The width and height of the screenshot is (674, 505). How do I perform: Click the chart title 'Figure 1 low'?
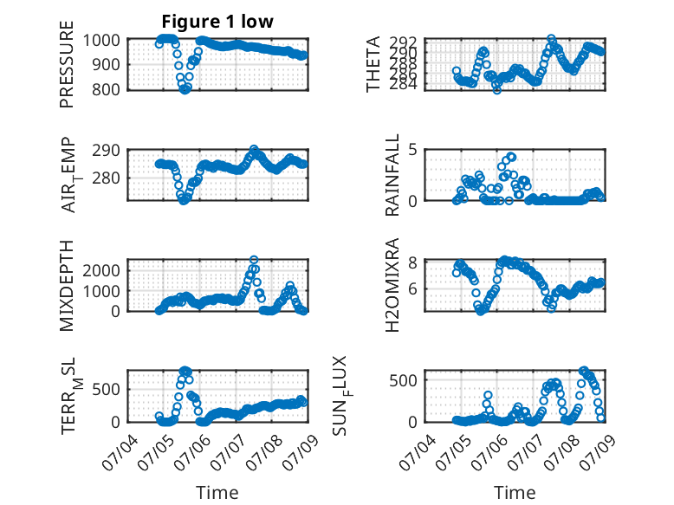[217, 22]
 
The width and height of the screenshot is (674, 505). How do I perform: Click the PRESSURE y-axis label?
[67, 64]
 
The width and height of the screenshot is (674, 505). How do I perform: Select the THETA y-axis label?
[373, 64]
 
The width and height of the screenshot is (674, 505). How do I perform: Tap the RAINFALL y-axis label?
[392, 175]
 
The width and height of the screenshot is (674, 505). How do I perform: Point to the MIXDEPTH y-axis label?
[67, 285]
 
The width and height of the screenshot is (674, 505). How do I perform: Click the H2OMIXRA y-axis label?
[392, 285]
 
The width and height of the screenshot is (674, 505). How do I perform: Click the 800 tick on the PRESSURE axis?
[107, 90]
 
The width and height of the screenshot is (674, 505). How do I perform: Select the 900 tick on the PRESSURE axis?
[107, 64]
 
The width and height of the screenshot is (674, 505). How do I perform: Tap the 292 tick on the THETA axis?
[404, 42]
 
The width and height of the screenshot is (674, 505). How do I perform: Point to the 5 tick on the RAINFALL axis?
[413, 150]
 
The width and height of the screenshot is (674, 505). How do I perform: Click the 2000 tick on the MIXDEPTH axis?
[101, 270]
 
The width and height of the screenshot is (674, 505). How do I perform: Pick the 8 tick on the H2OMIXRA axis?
[413, 262]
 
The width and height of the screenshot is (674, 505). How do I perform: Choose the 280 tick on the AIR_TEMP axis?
[107, 178]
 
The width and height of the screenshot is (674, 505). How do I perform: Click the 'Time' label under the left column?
[217, 492]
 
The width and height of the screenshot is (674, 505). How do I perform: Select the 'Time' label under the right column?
[515, 492]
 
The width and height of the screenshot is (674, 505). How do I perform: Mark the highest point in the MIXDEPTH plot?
[254, 260]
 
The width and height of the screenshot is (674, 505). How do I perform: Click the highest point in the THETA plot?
[551, 39]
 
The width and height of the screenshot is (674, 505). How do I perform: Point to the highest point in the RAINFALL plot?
[511, 157]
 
